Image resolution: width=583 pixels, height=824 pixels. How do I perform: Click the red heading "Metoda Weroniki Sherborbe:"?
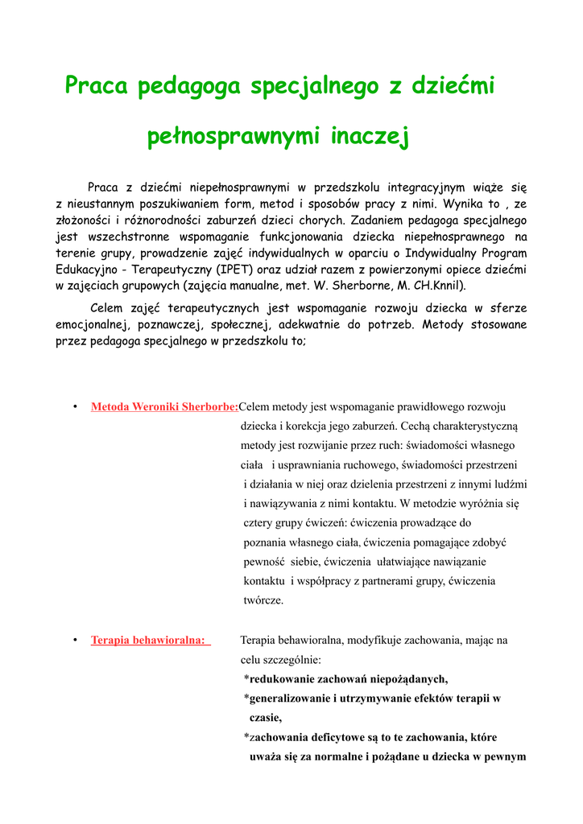click(164, 407)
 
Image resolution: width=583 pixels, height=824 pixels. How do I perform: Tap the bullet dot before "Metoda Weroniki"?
click(74, 407)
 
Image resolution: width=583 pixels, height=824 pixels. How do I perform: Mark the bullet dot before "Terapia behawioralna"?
click(74, 641)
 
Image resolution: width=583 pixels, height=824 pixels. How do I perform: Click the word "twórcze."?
click(263, 600)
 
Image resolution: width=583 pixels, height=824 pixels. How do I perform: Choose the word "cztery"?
click(261, 523)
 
